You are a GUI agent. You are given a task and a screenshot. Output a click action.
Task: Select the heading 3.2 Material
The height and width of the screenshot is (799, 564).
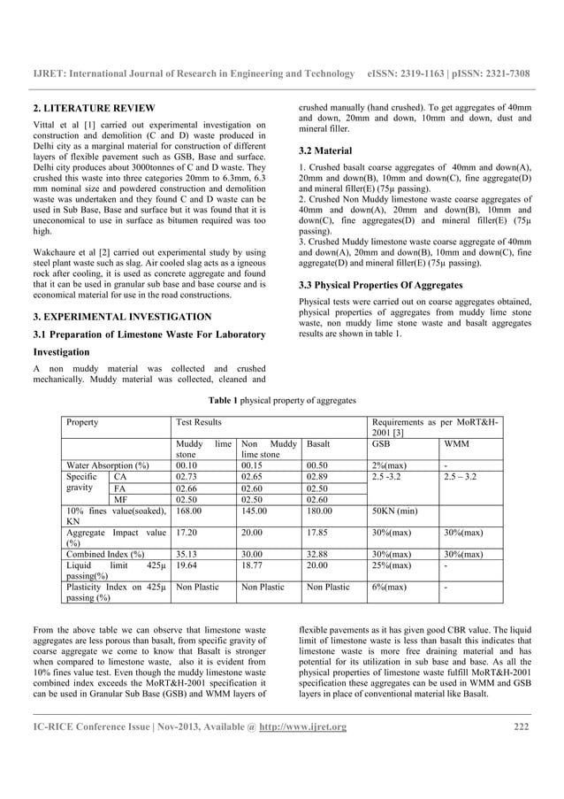325,150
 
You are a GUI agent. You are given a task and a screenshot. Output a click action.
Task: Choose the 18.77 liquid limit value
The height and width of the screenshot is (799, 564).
253,565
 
